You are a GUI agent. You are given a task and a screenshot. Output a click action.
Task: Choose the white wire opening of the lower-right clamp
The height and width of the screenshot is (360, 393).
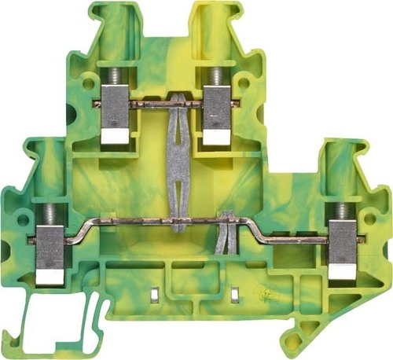click(x=343, y=272)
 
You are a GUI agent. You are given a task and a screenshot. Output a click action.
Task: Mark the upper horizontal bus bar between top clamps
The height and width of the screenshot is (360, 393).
click(x=161, y=104)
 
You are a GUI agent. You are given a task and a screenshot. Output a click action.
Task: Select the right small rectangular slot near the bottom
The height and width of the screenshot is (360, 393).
click(x=234, y=294)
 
